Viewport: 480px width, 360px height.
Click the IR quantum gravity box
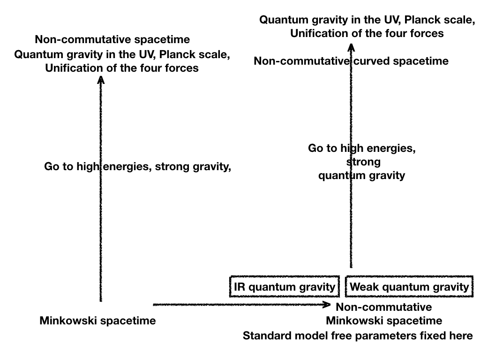(x=284, y=287)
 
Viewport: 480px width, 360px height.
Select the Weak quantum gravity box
(x=409, y=287)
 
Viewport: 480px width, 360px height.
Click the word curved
(x=372, y=61)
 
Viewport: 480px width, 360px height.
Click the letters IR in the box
(x=240, y=287)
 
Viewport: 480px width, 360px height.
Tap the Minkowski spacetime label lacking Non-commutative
(x=97, y=321)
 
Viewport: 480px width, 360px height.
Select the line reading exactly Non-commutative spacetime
(x=112, y=39)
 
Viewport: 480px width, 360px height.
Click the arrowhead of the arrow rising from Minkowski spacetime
(x=100, y=80)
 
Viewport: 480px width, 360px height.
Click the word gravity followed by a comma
(x=214, y=166)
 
